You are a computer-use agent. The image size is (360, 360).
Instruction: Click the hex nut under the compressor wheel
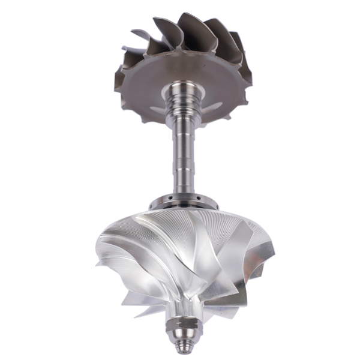[x=180, y=325]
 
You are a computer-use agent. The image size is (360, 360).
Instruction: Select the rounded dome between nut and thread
[x=180, y=337]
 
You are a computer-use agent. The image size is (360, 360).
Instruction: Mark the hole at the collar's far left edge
[x=155, y=200]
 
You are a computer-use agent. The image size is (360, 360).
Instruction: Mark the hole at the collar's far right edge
[x=206, y=200]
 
